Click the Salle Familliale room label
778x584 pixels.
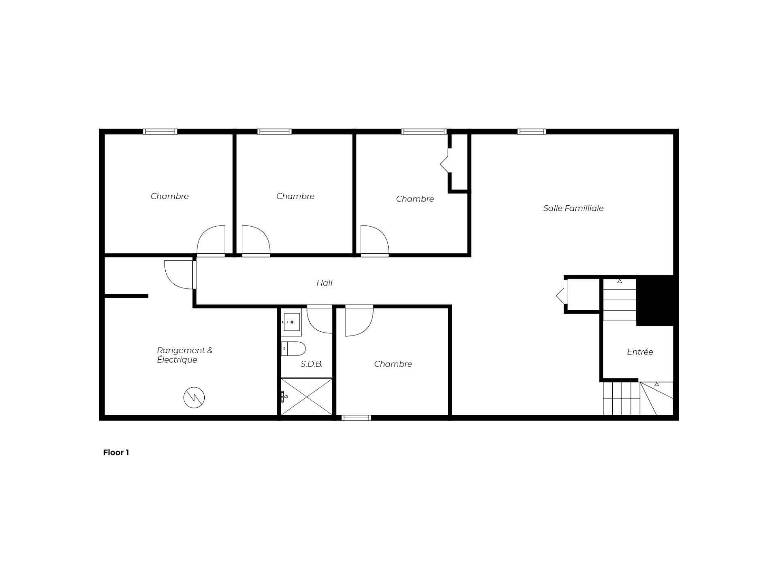coord(573,208)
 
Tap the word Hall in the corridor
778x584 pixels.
coord(324,283)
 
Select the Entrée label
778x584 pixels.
coord(640,352)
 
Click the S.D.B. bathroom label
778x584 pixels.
coord(312,364)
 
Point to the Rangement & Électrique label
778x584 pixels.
coord(185,355)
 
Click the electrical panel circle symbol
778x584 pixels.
coord(194,397)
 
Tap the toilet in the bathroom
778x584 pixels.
coord(293,348)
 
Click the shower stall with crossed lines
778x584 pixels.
coord(307,397)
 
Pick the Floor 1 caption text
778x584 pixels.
coord(116,453)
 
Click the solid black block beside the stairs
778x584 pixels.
coord(655,301)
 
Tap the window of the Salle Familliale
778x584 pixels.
coord(532,131)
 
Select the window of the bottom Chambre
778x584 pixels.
coord(356,418)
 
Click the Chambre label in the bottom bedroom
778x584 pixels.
coord(393,364)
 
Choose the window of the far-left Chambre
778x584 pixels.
coord(160,131)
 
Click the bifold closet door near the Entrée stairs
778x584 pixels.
coord(562,296)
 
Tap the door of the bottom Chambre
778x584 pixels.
coord(359,320)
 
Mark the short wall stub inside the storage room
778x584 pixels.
coord(126,296)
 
